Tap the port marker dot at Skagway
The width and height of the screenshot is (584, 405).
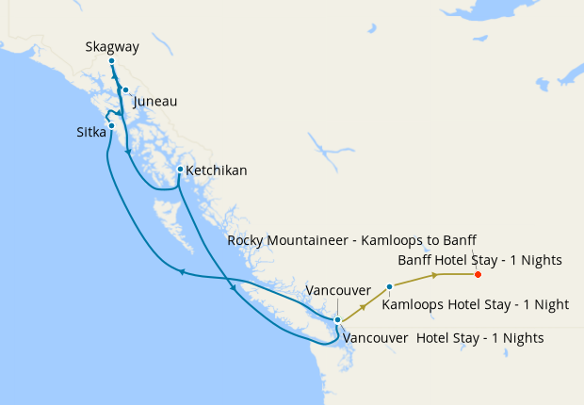[x=111, y=61]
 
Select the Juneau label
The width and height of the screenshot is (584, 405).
[x=155, y=101]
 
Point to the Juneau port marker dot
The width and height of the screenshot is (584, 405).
[x=125, y=90]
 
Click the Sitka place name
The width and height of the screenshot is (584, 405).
[x=91, y=133]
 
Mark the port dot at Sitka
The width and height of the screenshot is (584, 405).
[x=111, y=125]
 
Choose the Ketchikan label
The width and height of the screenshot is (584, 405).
[x=217, y=170]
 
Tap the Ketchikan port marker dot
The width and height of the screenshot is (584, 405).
[x=180, y=170]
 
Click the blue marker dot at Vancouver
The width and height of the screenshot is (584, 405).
[x=337, y=320]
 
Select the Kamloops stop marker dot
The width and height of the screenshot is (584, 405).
[x=389, y=285]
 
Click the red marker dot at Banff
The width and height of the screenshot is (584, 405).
[x=478, y=275]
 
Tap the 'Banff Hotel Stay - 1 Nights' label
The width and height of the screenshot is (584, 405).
[x=479, y=259]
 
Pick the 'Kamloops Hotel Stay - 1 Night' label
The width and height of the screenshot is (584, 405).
[x=476, y=304]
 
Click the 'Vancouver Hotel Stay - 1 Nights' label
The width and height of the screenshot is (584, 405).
[x=444, y=337]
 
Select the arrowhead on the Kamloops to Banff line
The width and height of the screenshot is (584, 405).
[x=435, y=275]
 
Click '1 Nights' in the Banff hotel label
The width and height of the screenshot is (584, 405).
[x=537, y=259]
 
